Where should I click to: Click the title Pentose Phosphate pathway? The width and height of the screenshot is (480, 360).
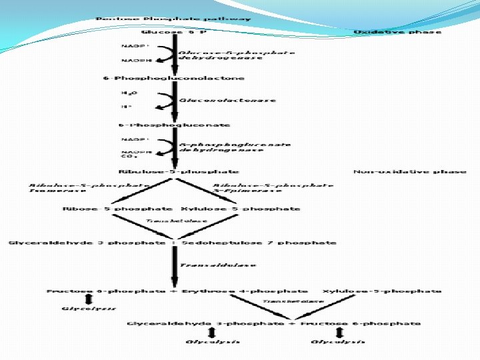click(173, 18)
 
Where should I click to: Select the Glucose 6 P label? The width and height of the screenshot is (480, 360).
click(173, 32)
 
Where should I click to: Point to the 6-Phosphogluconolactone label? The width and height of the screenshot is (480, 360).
click(173, 78)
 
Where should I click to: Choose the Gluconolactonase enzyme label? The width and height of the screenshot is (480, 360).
click(227, 101)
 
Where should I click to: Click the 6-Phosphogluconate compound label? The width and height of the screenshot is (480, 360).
click(174, 125)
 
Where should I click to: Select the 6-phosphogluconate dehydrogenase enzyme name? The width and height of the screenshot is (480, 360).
click(234, 147)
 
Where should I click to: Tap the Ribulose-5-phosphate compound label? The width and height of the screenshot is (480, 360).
click(179, 171)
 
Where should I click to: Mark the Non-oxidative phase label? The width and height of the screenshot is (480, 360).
click(410, 171)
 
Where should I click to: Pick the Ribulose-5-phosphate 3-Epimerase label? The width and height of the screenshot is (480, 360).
click(273, 188)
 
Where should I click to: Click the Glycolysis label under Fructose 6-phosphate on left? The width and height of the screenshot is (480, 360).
click(89, 309)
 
